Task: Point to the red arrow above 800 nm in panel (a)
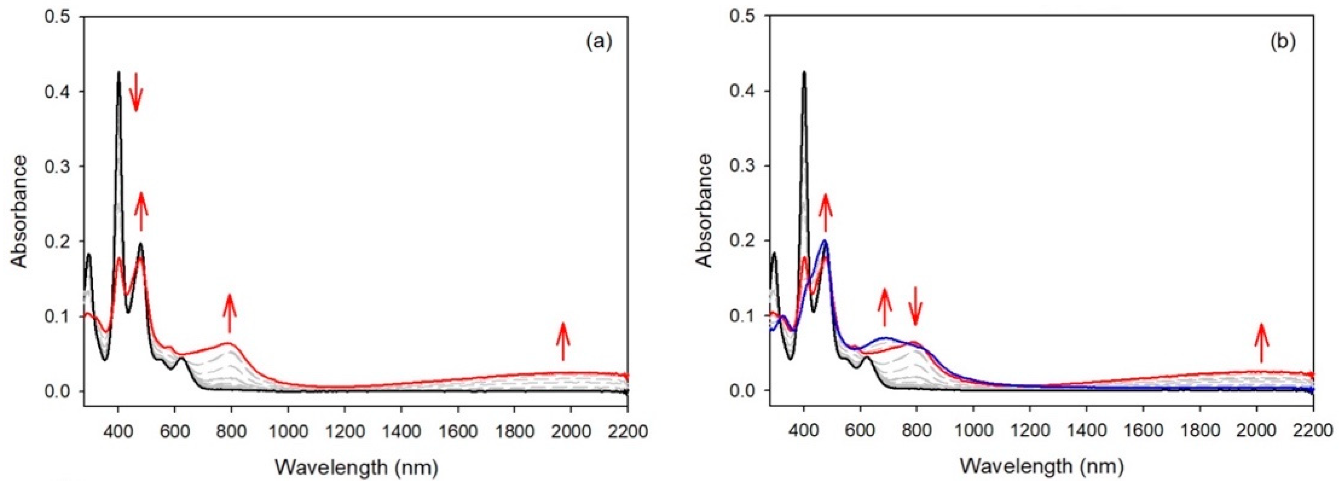click(229, 313)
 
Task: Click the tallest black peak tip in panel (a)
click(119, 73)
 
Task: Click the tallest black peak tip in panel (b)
click(804, 73)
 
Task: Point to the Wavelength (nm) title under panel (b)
click(1041, 467)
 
